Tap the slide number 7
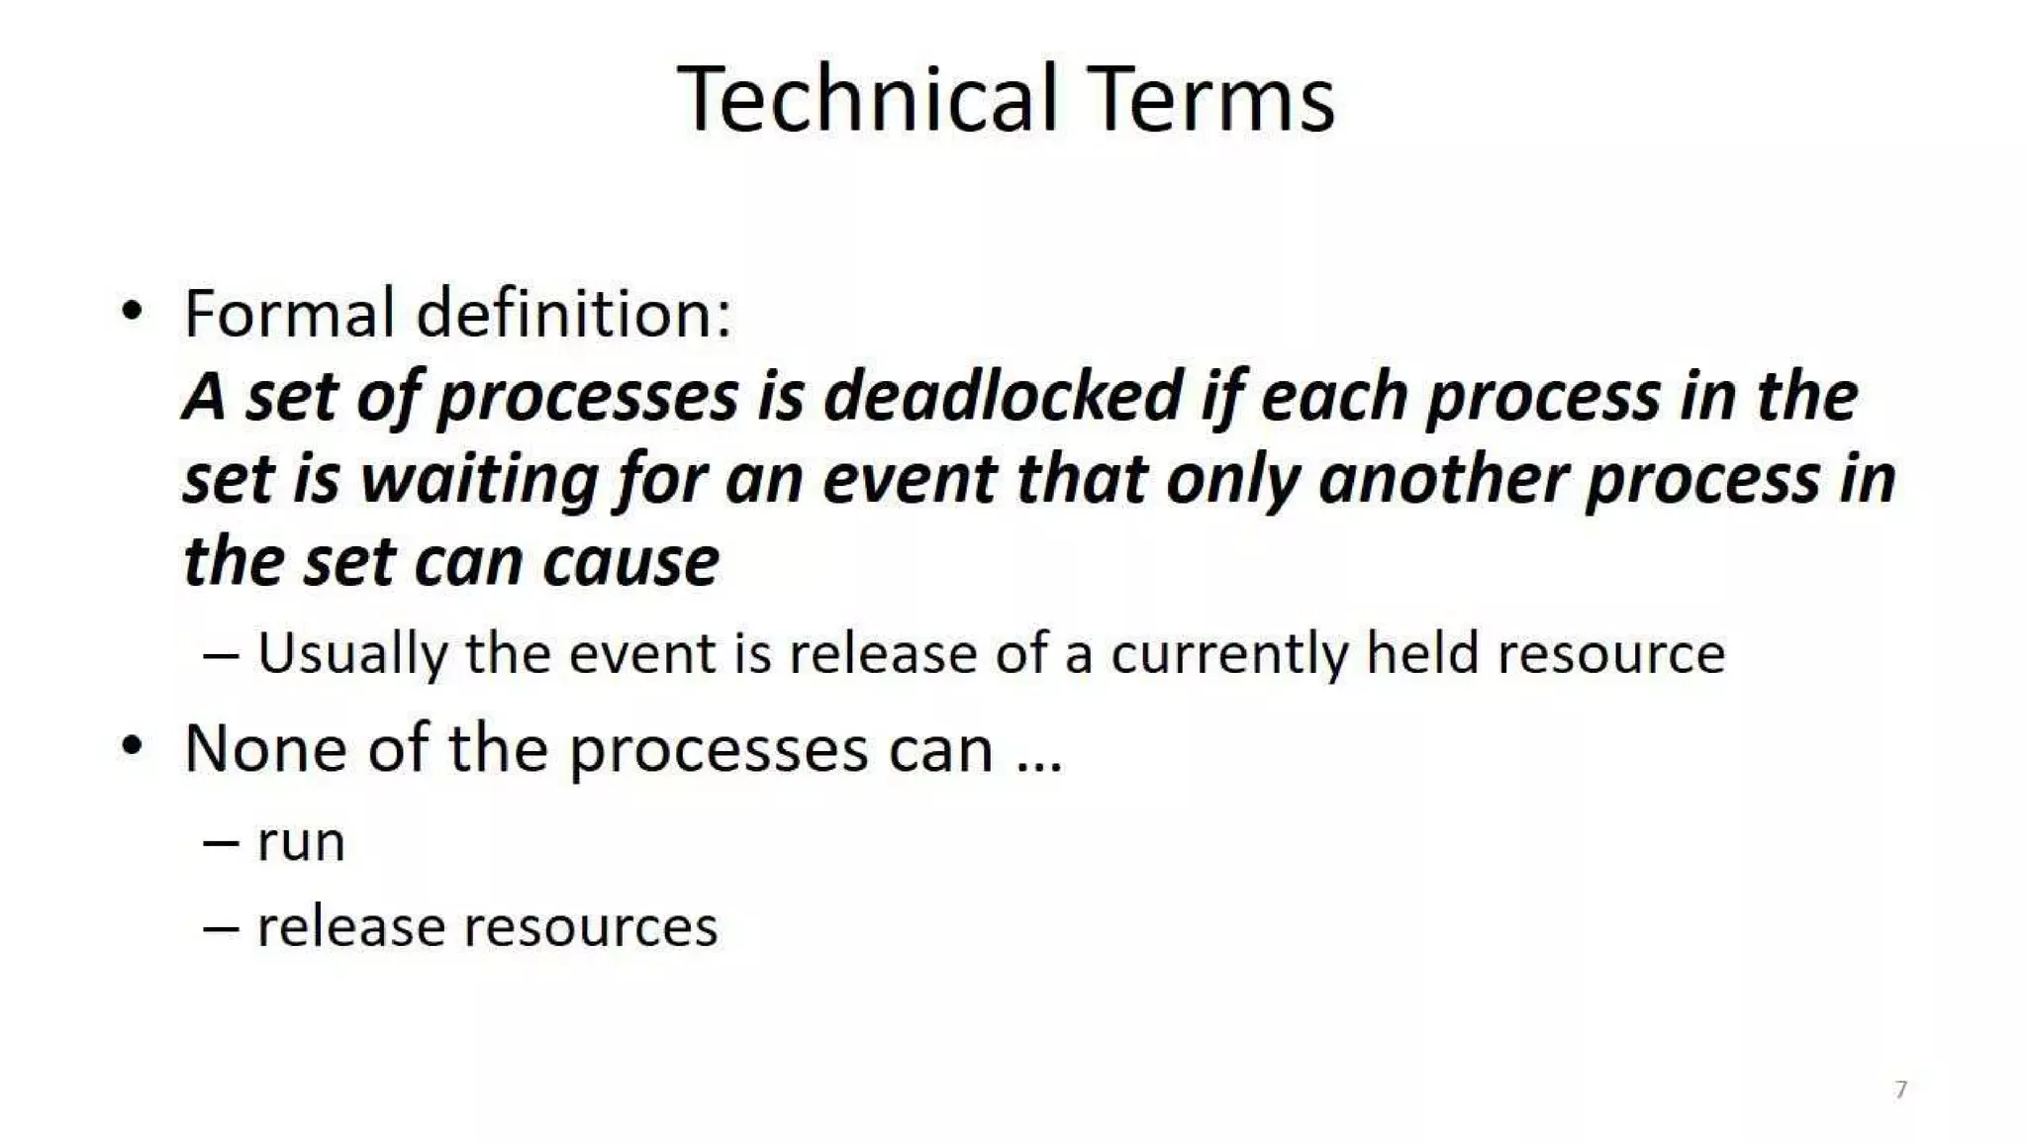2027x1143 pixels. (x=1900, y=1090)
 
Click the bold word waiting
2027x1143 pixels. (x=478, y=480)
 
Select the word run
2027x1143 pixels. (x=301, y=843)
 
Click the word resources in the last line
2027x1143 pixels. (x=590, y=927)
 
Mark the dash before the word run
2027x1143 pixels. (x=221, y=843)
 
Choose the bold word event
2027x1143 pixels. (x=909, y=480)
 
